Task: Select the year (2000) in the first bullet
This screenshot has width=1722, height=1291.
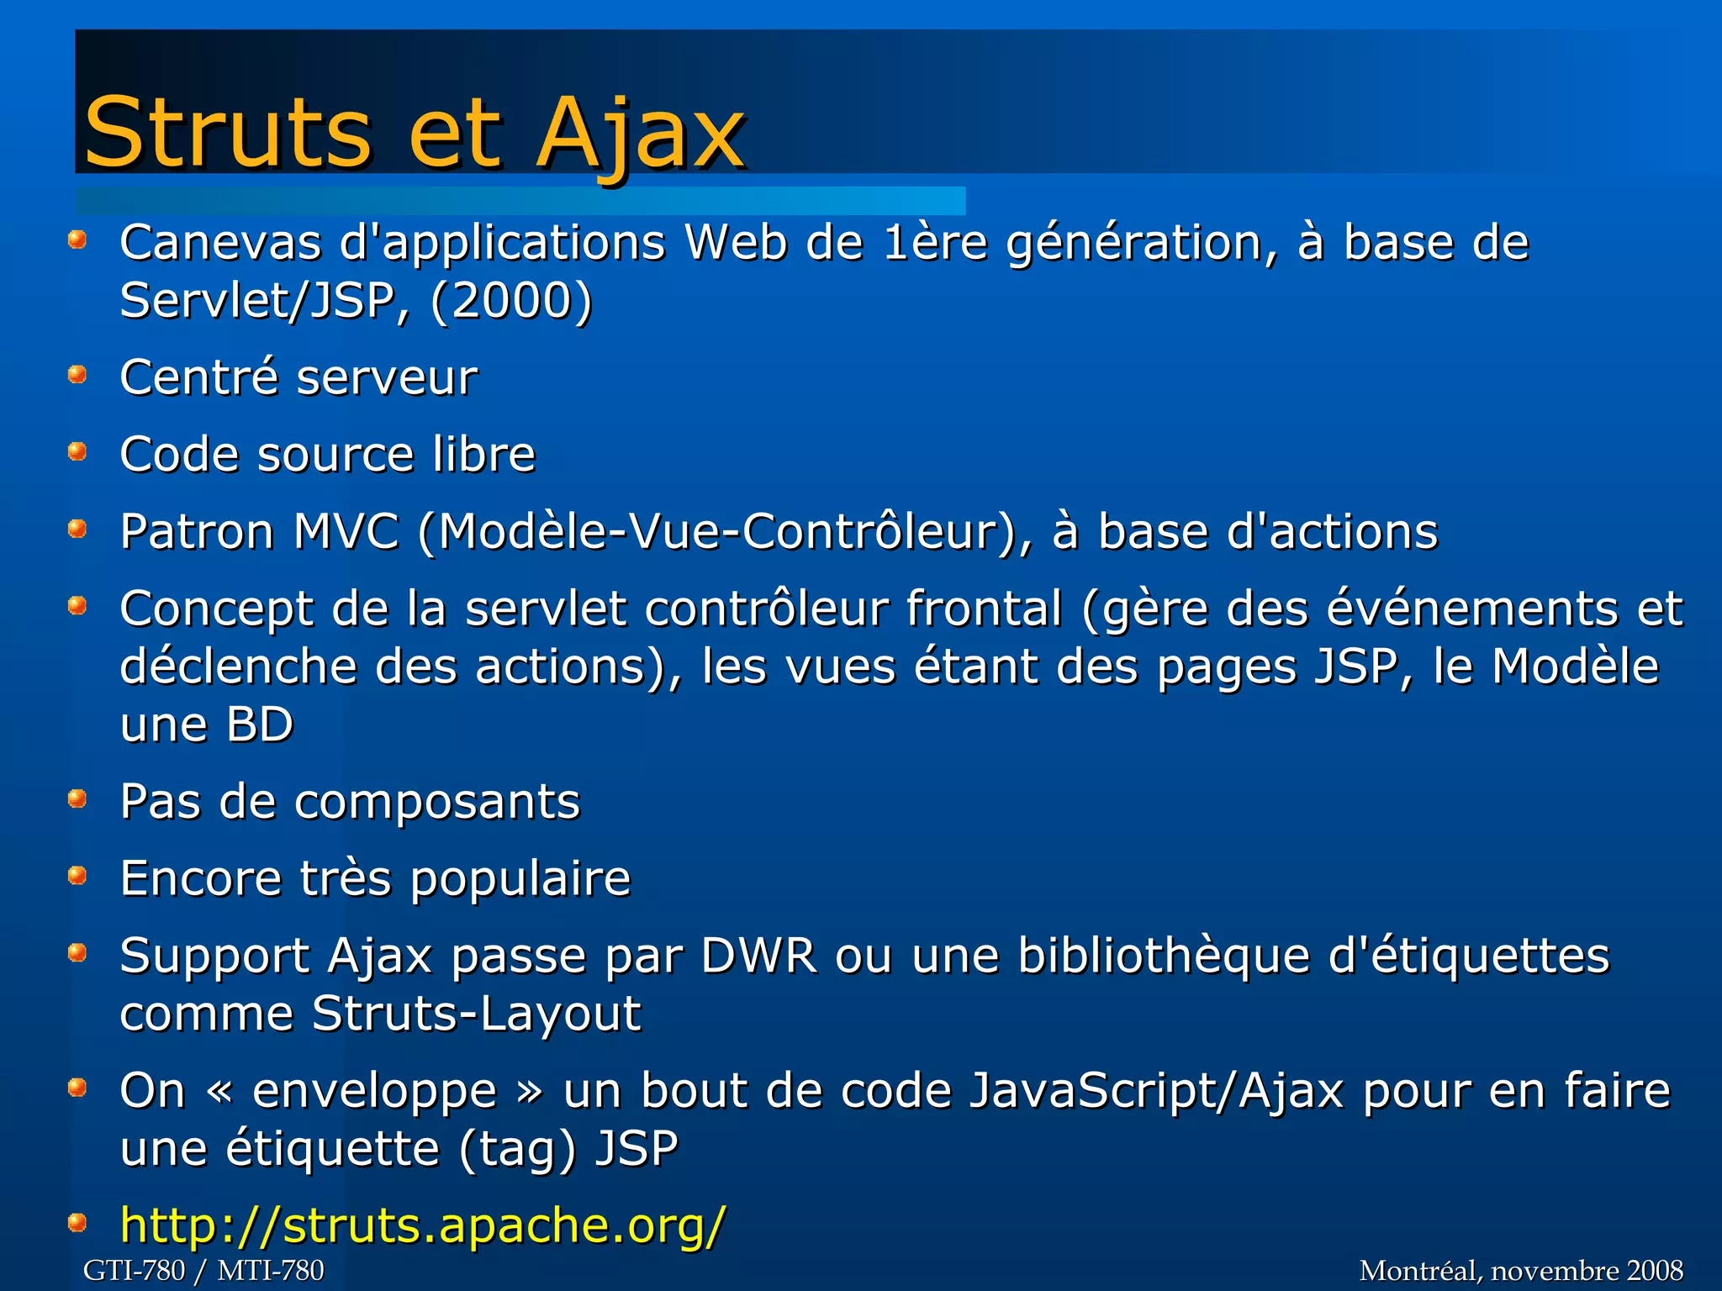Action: tap(511, 301)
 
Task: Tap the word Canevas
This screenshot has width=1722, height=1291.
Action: tap(220, 243)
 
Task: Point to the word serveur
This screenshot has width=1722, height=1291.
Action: tap(387, 377)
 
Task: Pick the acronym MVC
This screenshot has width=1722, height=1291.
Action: tap(346, 532)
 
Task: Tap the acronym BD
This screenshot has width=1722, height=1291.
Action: tap(260, 725)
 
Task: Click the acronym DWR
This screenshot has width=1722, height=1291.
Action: tap(759, 956)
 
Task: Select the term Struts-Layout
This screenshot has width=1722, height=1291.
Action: tap(476, 1014)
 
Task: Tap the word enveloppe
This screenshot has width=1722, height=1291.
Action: tap(375, 1091)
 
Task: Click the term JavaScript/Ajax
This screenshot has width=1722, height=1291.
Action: tap(1156, 1091)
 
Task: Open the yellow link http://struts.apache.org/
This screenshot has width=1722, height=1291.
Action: tap(422, 1225)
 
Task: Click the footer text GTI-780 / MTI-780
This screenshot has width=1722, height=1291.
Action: tap(203, 1270)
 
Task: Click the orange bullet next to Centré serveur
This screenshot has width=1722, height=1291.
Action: tap(77, 373)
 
